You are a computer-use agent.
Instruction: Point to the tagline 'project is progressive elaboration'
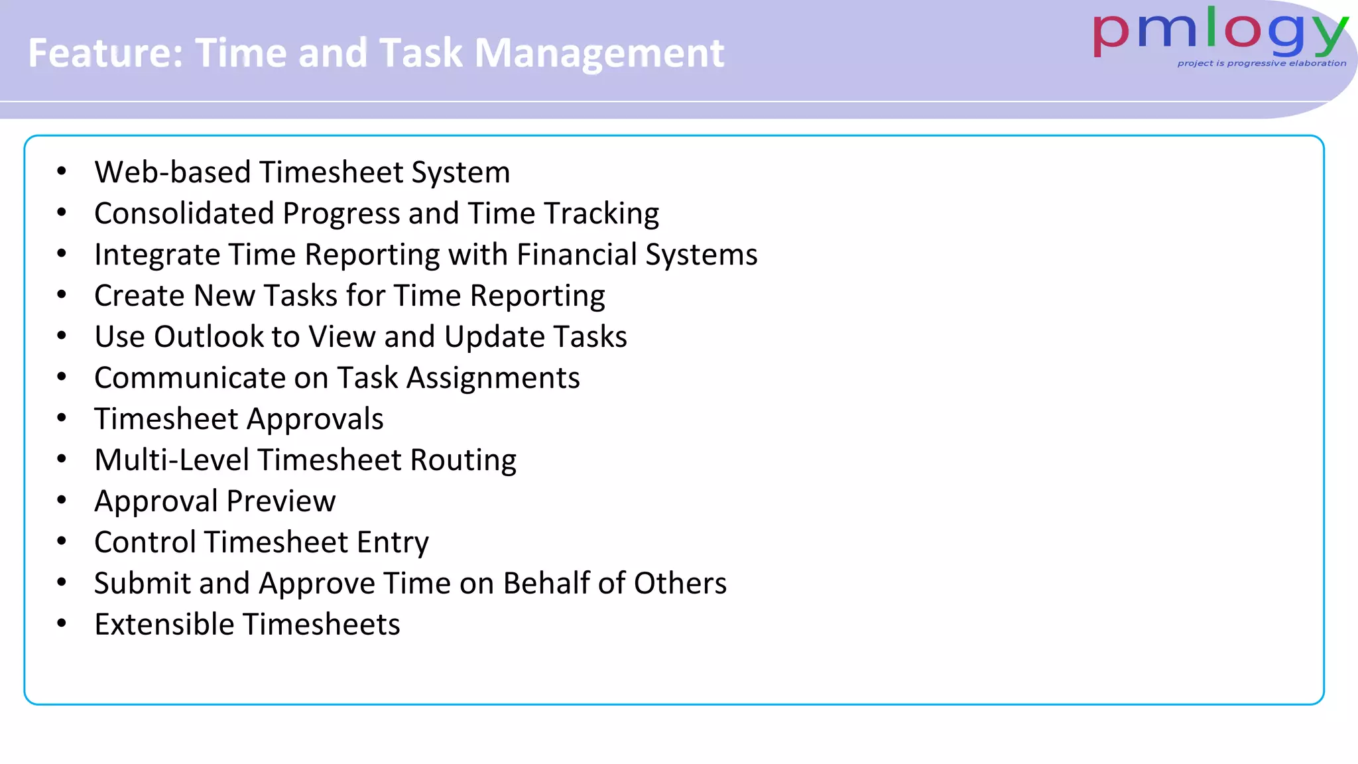coord(1261,64)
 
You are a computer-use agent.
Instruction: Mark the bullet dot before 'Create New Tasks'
coord(62,295)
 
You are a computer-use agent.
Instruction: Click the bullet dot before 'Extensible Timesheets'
coord(62,624)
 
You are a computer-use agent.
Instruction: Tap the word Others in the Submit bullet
coord(680,584)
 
